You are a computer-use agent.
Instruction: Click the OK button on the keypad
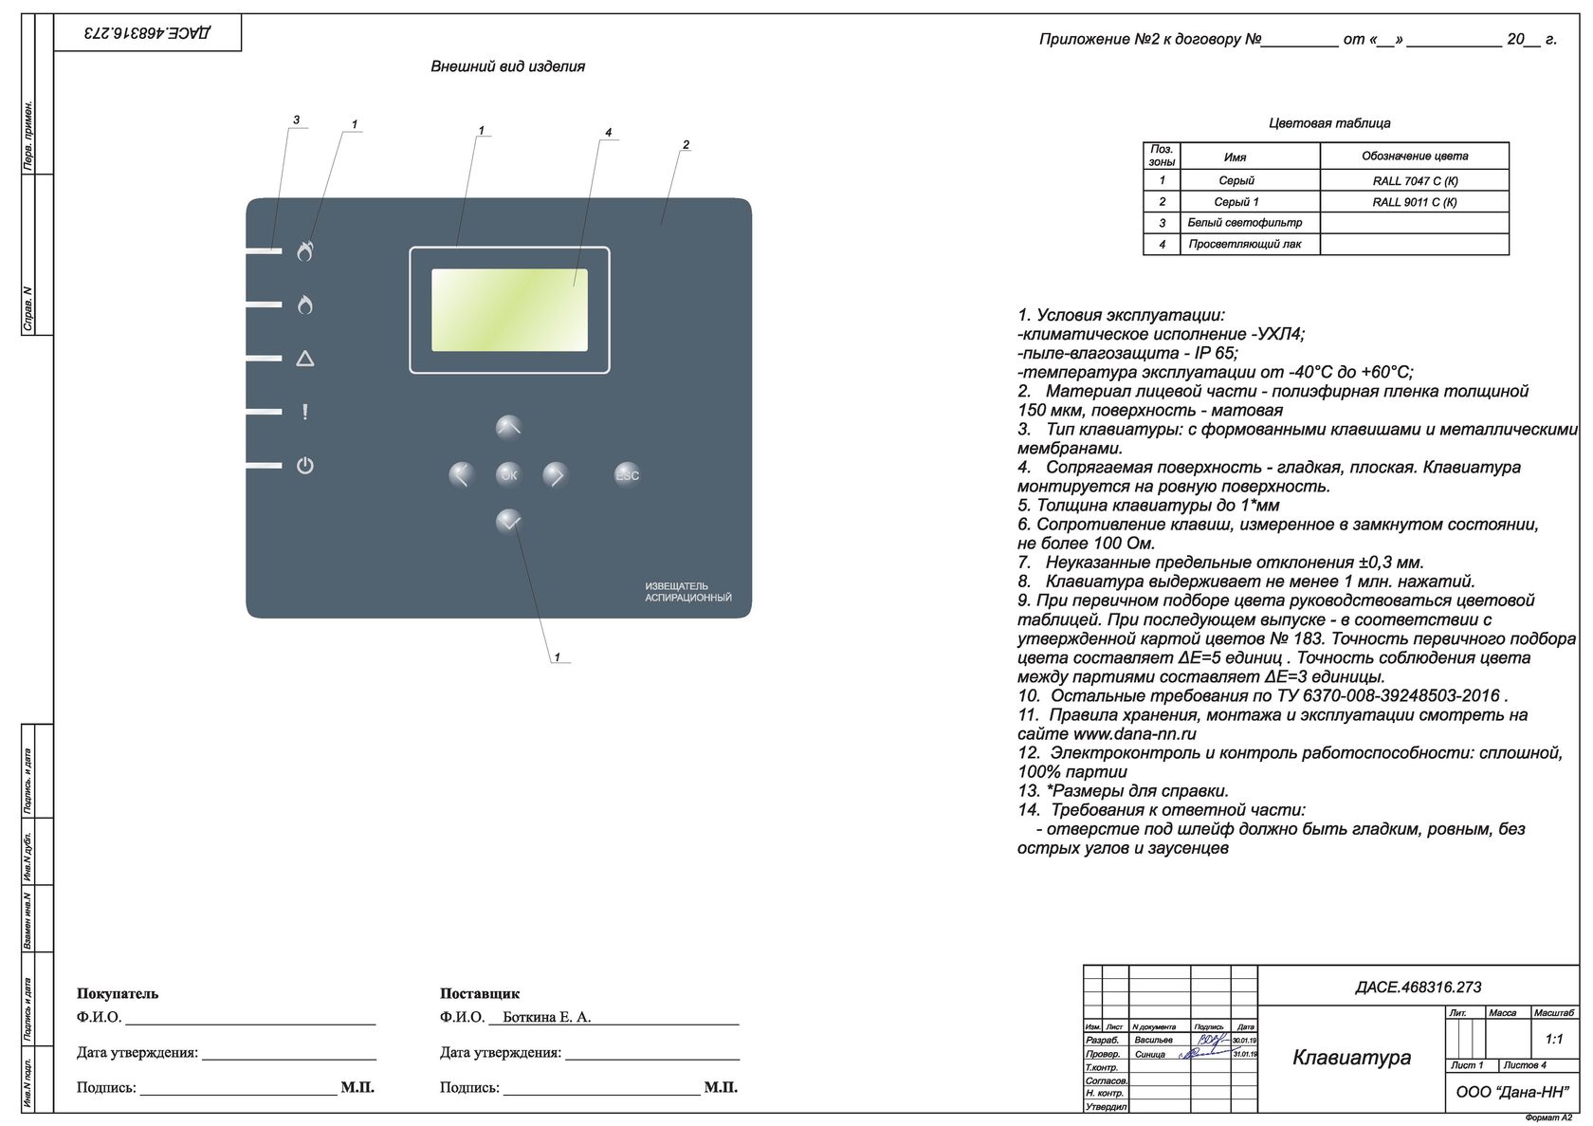pyautogui.click(x=509, y=474)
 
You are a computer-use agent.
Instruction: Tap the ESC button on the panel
pyautogui.click(x=627, y=475)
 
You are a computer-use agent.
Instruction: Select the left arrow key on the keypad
pyautogui.click(x=461, y=474)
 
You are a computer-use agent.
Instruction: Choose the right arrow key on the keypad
pyautogui.click(x=556, y=474)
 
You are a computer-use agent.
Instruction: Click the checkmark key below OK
pyautogui.click(x=509, y=521)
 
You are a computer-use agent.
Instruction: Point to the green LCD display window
pyautogui.click(x=509, y=310)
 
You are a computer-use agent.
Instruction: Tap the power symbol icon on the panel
pyautogui.click(x=304, y=466)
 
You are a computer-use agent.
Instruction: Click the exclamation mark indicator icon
pyautogui.click(x=304, y=412)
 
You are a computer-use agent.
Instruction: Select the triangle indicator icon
pyautogui.click(x=304, y=359)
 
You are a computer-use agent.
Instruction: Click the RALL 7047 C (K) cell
pyautogui.click(x=1414, y=180)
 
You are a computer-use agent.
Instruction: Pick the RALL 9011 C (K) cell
pyautogui.click(x=1414, y=202)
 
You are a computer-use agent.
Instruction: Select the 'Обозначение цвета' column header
pyautogui.click(x=1414, y=157)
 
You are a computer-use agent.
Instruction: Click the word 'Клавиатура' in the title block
pyautogui.click(x=1351, y=1058)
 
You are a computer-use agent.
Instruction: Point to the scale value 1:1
pyautogui.click(x=1553, y=1039)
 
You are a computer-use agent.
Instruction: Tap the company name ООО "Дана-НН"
pyautogui.click(x=1512, y=1092)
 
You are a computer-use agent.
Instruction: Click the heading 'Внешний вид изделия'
pyautogui.click(x=507, y=66)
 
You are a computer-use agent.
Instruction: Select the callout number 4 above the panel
pyautogui.click(x=608, y=132)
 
